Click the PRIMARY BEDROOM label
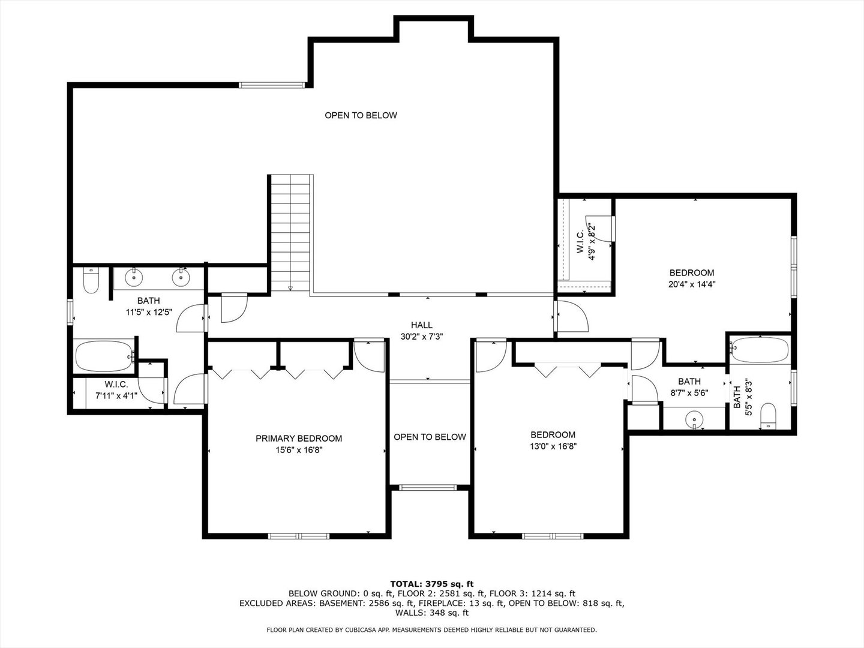point(298,439)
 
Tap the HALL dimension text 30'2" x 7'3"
point(421,337)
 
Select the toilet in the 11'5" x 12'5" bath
point(91,281)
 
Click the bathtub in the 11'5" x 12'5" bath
point(105,356)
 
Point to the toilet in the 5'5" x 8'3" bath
point(767,416)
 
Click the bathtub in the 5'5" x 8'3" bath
point(759,350)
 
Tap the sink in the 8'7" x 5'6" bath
point(694,418)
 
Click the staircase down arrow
point(290,288)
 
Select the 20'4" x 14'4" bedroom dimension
point(692,284)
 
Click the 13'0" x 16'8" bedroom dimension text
point(553,446)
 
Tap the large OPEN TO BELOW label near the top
point(361,115)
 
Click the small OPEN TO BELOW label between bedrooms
point(430,437)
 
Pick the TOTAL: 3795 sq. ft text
point(431,583)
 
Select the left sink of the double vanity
point(133,277)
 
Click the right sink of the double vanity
point(180,277)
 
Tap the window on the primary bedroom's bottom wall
point(298,536)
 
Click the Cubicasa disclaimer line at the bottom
point(431,629)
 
